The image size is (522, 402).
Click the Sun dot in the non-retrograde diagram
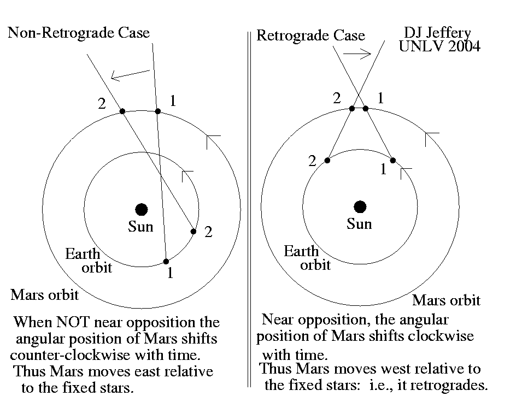[142, 209]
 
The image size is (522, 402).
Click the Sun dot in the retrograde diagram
[360, 206]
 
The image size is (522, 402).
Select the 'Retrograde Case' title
[310, 36]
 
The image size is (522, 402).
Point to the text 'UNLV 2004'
[439, 47]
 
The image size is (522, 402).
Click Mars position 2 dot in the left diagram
[122, 111]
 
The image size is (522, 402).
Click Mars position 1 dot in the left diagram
[157, 111]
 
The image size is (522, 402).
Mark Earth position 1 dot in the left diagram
[166, 261]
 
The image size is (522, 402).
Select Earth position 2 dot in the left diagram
[193, 232]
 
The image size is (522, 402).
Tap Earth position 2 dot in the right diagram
[327, 160]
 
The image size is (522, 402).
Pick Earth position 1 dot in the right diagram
[392, 160]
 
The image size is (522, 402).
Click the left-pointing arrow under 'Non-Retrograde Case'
[130, 75]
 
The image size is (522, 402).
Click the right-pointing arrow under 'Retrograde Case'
[357, 54]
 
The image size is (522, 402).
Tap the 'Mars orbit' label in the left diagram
[44, 295]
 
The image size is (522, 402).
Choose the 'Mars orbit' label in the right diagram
[446, 300]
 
